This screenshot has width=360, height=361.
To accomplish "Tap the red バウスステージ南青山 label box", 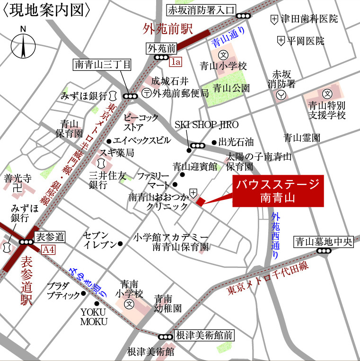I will (278, 191).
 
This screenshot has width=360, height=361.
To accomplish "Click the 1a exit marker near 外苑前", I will (176, 61).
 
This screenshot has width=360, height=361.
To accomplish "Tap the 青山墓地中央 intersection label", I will (324, 242).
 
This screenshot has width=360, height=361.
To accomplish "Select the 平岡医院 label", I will (307, 41).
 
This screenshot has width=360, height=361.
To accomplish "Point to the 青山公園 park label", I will (231, 88).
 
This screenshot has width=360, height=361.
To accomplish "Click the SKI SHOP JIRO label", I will (207, 125).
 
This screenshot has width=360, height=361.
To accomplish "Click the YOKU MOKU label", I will (94, 317).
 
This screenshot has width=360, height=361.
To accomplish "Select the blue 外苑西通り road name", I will (276, 236).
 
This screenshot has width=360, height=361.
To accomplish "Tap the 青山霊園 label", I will (302, 138).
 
